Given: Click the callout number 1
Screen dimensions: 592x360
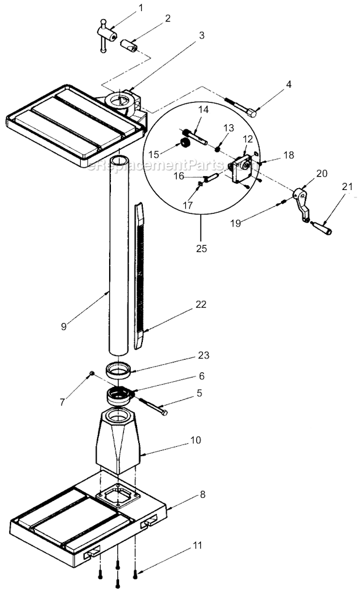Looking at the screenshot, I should click(140, 8).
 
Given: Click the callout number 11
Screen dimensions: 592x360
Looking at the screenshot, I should click(197, 546).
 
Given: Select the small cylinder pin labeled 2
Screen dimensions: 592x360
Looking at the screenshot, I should click(129, 45).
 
